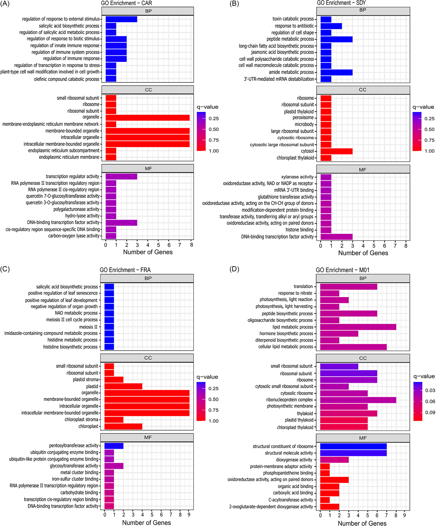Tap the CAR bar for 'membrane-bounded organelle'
(148, 131)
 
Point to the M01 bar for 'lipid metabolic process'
(358, 327)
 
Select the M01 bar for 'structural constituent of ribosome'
(353, 446)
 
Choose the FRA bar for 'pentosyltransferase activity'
(114, 446)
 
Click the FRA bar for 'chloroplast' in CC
(123, 426)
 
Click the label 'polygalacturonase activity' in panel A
(76, 209)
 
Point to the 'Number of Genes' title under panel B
(363, 253)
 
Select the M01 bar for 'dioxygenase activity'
(334, 460)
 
